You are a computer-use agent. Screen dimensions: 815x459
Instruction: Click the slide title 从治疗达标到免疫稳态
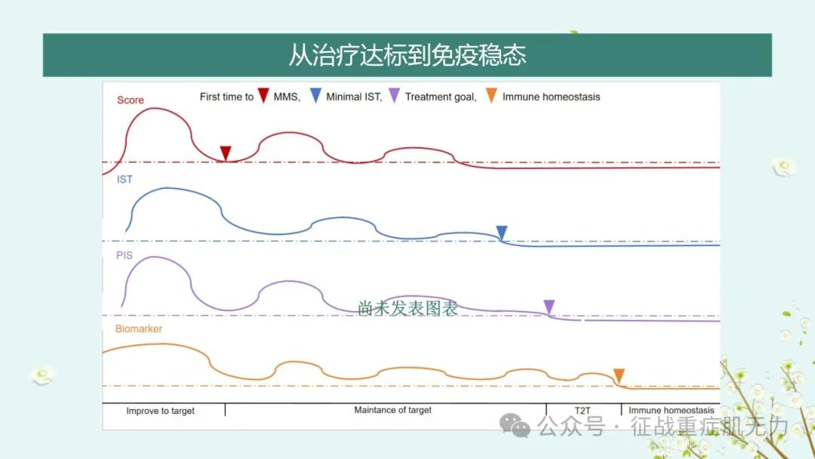(407, 55)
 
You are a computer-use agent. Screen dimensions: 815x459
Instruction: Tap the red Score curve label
(131, 100)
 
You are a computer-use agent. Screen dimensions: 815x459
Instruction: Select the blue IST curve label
(125, 180)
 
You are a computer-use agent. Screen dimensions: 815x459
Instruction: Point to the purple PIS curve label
(125, 255)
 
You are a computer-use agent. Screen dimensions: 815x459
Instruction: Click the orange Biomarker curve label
(139, 328)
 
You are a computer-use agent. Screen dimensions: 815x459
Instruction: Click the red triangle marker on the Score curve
(226, 152)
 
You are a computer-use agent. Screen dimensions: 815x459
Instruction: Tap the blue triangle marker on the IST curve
(502, 233)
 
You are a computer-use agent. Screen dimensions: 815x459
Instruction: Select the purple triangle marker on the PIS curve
(549, 307)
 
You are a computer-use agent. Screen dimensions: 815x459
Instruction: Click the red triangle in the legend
(263, 95)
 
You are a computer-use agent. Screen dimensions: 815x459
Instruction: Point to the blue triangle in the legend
(315, 95)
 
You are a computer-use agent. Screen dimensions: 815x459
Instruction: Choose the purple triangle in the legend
(395, 95)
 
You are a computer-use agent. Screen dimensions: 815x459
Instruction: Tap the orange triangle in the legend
(491, 95)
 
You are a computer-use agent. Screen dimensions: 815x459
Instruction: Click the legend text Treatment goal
(441, 97)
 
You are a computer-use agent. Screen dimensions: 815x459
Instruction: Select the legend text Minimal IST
(354, 97)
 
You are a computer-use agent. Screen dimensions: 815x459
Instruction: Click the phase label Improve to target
(160, 411)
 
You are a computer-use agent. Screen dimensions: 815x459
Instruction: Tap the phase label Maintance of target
(393, 410)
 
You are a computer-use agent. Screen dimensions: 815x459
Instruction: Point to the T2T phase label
(583, 411)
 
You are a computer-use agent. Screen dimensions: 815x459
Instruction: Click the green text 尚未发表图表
(407, 308)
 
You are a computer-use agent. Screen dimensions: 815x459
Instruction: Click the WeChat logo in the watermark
(515, 426)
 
